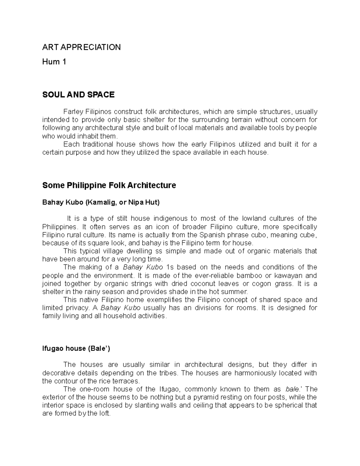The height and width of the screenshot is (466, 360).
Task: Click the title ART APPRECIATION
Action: (x=81, y=47)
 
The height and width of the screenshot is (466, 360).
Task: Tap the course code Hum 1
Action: (x=54, y=62)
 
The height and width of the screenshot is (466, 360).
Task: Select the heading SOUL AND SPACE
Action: (x=78, y=95)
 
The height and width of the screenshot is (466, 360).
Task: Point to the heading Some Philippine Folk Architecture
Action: (x=109, y=185)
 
